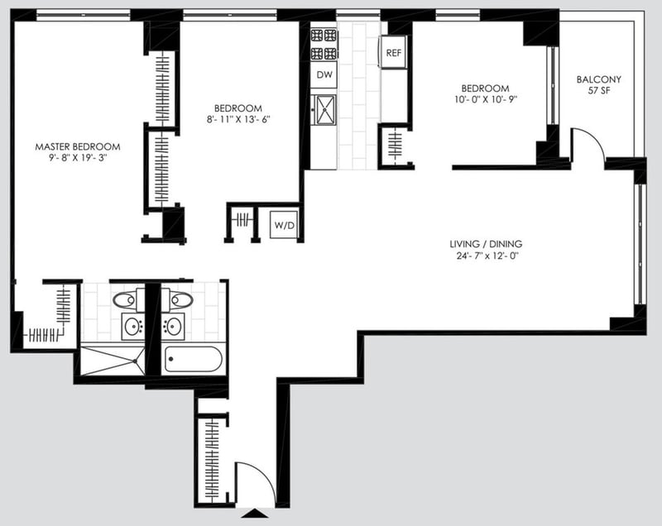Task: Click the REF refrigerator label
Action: coord(393,54)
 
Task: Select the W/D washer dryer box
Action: coord(284,223)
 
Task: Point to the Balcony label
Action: coord(599,80)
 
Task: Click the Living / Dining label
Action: coord(486,244)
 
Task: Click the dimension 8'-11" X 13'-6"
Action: coord(237,120)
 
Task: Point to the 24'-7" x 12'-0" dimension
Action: coord(486,256)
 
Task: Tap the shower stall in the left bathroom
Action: coord(113,360)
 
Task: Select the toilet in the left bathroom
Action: coord(129,299)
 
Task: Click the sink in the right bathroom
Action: coord(174,327)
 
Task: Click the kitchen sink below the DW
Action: coord(324,108)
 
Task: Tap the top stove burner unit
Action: coord(324,36)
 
